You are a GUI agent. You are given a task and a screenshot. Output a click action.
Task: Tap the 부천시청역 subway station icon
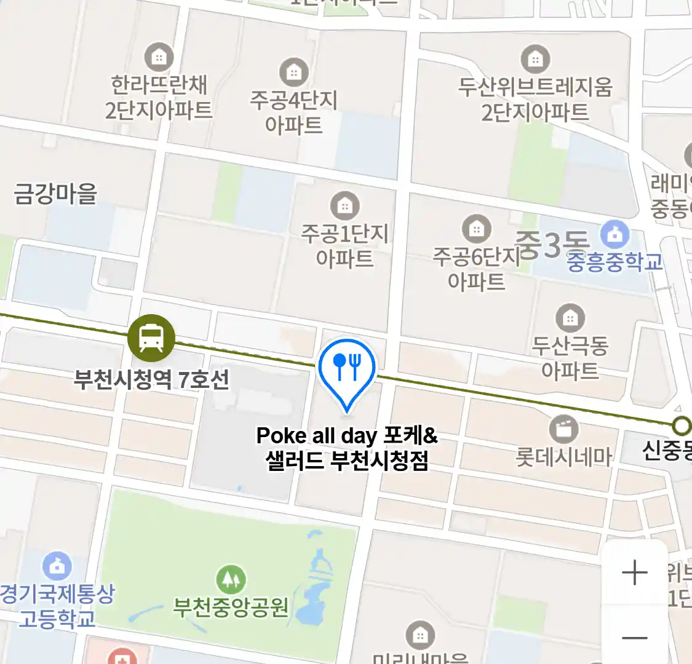pos(151,338)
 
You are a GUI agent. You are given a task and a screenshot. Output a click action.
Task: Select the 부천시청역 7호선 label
pos(151,379)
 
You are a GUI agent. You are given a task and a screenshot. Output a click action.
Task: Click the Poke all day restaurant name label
pos(347,448)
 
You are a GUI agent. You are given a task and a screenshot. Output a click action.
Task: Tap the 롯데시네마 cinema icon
pos(563,429)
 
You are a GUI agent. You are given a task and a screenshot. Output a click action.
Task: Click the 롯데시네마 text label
pos(563,457)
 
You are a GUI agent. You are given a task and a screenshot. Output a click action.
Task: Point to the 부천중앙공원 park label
pos(231,607)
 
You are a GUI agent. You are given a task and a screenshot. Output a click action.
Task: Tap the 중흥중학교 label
pos(614,262)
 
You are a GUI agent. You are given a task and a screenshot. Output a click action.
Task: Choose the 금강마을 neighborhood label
pos(56,193)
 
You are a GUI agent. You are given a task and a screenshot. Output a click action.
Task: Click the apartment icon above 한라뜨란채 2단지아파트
pos(159,57)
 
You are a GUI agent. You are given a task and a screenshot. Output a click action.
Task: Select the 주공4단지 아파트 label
pos(294,112)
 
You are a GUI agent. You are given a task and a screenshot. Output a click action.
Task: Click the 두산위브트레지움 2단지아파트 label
pos(535,100)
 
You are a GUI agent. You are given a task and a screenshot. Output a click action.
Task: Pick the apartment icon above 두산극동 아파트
pos(570,318)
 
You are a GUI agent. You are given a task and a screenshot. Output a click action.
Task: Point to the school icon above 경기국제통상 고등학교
pos(57,566)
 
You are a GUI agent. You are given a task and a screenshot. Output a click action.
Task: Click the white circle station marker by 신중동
pos(681,425)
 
